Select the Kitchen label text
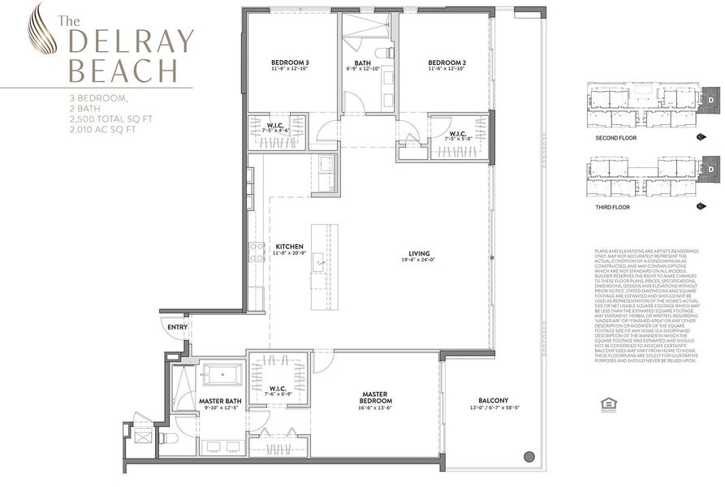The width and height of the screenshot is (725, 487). [289, 246]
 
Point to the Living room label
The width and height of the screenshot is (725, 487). [420, 253]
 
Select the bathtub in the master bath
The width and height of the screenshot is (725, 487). [222, 376]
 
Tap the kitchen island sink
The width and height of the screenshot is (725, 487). [322, 261]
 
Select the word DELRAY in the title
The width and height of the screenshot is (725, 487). [131, 41]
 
